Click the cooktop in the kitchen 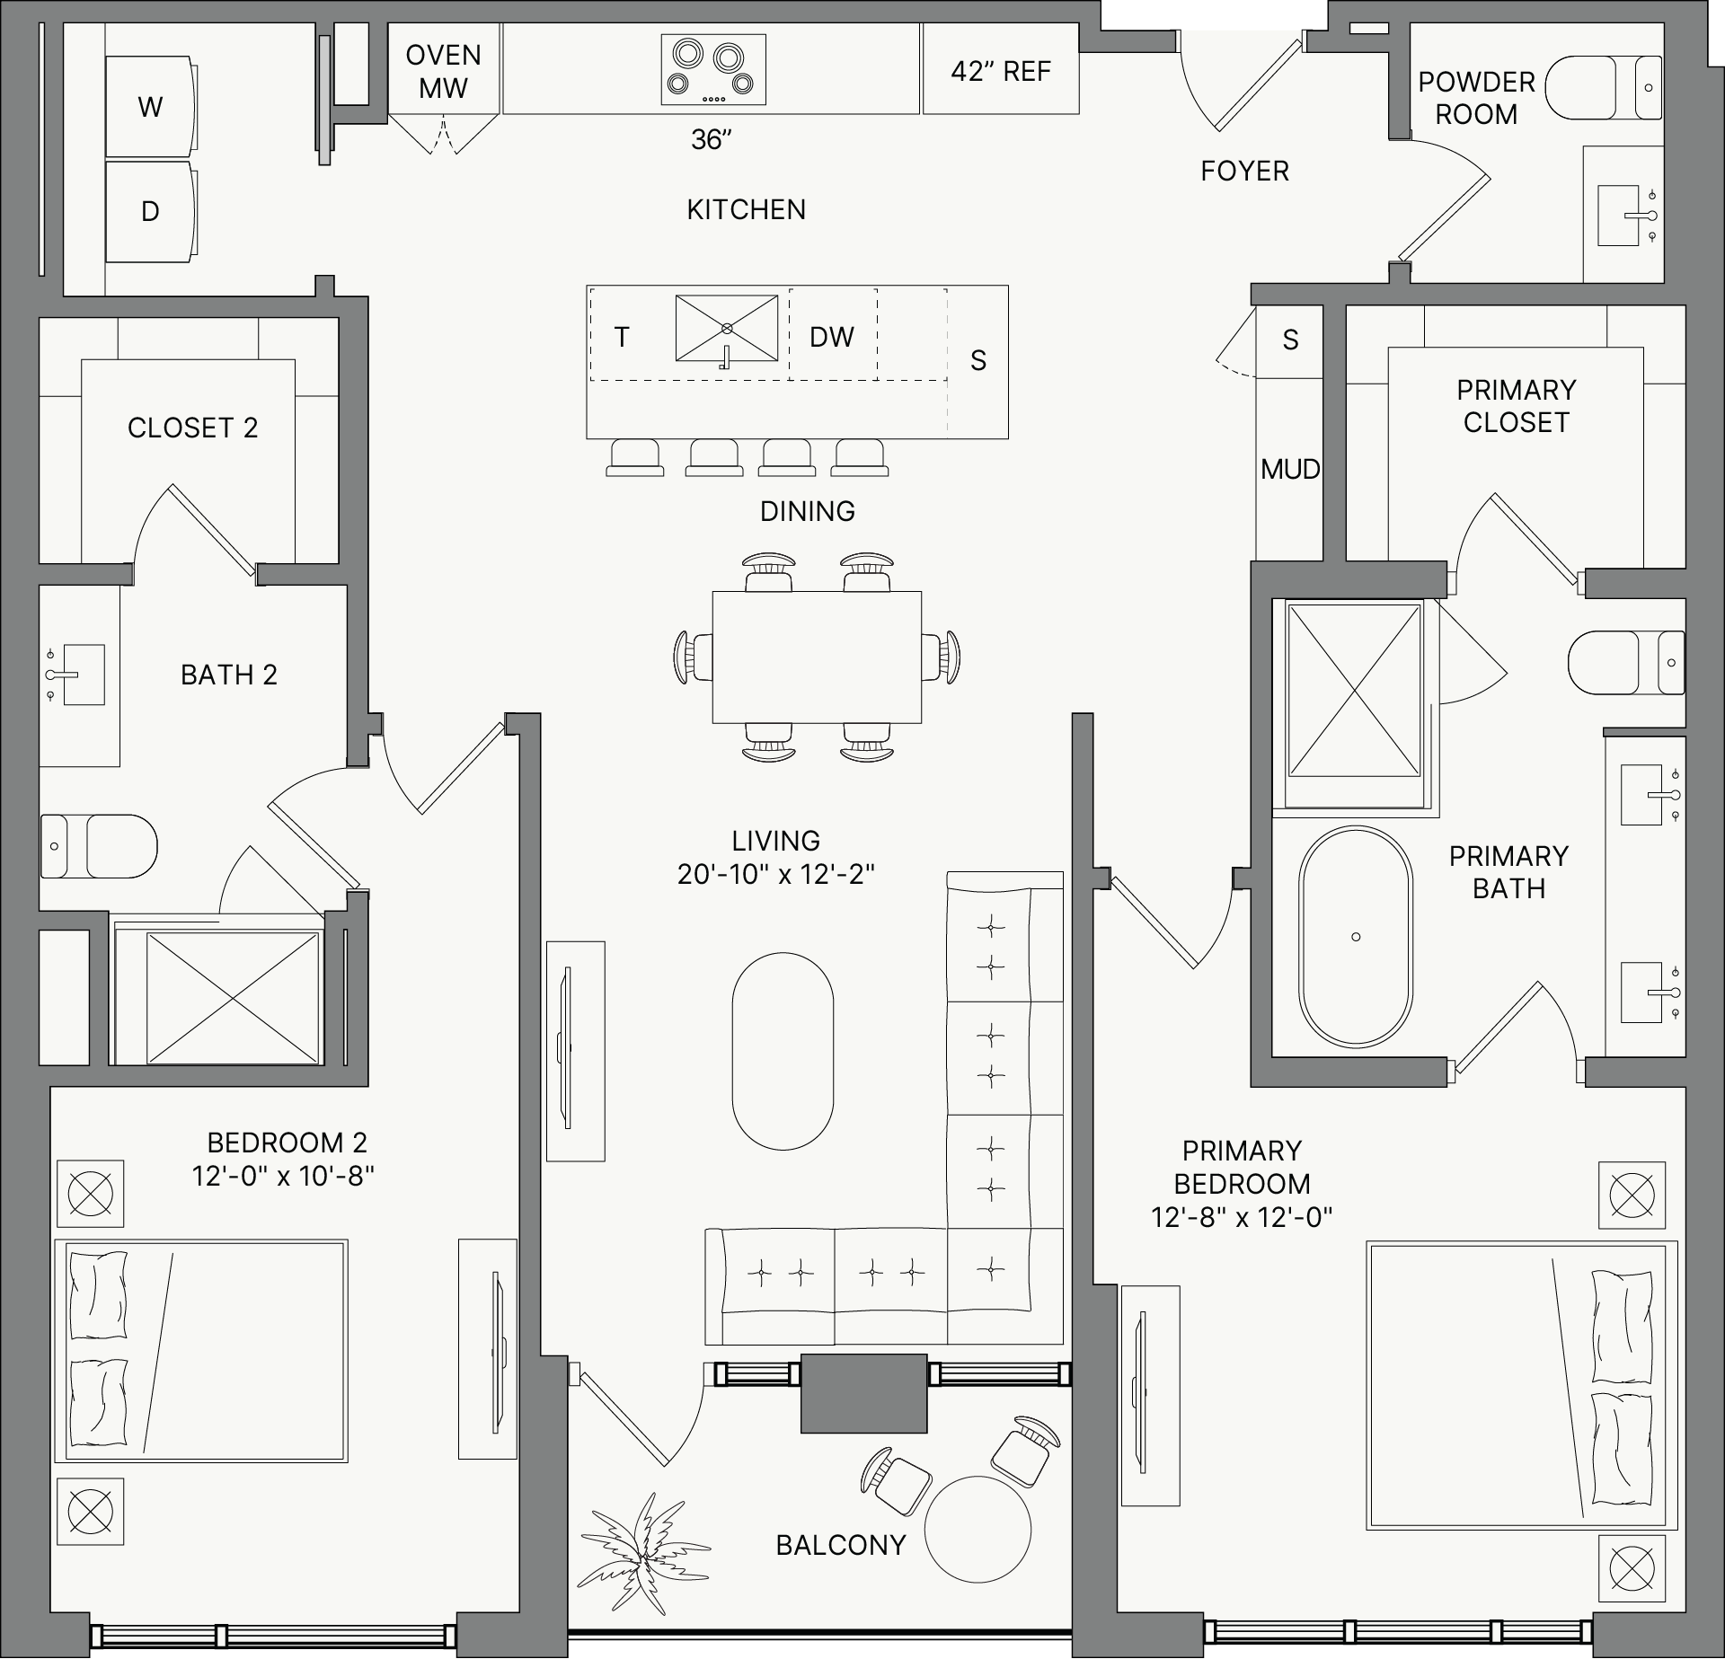click(x=713, y=70)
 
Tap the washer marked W click(x=151, y=107)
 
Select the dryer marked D click(x=151, y=212)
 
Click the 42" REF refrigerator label click(x=1001, y=71)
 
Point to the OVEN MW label click(x=443, y=71)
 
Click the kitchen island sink click(x=727, y=329)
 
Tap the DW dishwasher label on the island click(x=832, y=337)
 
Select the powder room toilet click(x=1604, y=87)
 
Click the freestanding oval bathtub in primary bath click(x=1356, y=936)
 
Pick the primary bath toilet click(x=1626, y=662)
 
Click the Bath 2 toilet click(x=99, y=846)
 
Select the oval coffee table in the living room click(x=783, y=1051)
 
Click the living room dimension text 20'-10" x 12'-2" click(x=776, y=874)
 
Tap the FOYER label click(x=1244, y=171)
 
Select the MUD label click(x=1290, y=469)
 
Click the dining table click(x=817, y=657)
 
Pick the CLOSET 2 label click(x=193, y=428)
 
